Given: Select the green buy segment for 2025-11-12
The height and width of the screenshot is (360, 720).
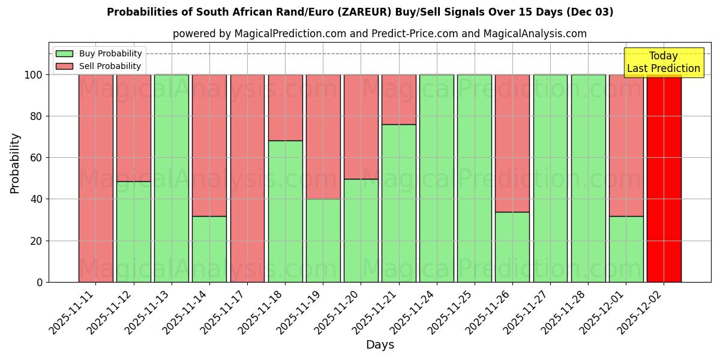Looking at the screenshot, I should pos(133,232).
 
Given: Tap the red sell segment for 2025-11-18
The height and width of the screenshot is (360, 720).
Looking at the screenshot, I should pos(285,107).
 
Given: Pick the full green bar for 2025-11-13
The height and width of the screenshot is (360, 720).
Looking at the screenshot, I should pos(171,178).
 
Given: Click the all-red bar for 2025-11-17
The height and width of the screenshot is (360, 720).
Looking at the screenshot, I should pos(247,178).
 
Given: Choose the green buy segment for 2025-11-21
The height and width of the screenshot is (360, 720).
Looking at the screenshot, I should pos(398,203).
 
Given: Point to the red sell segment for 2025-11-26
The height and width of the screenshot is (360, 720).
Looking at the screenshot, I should pos(512,143).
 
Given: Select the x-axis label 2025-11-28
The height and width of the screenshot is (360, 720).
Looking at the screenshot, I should pos(560,314).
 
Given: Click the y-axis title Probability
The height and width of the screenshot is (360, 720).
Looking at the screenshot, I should pos(15,163).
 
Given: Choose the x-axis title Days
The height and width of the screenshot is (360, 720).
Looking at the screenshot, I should pos(380,345).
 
